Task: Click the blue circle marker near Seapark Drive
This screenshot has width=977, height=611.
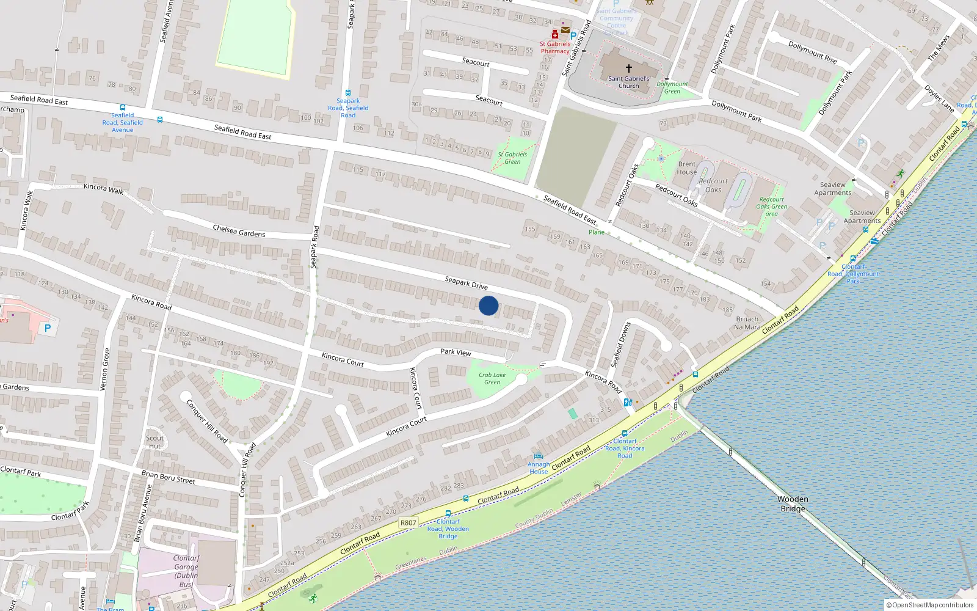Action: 488,305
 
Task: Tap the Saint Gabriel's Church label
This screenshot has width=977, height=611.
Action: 628,82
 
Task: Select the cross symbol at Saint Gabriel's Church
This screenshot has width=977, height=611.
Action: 628,68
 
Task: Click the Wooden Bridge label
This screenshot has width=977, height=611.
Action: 793,504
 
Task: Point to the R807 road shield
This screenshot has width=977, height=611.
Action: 408,522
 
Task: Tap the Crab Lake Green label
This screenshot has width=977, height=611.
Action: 492,379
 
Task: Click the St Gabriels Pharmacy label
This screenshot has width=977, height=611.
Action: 555,48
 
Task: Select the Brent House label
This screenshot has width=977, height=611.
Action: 687,168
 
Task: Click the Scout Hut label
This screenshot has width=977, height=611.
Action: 154,442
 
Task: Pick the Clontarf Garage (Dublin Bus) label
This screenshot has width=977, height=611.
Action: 186,571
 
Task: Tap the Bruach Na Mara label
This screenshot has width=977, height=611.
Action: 747,323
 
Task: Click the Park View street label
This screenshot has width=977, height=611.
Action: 456,352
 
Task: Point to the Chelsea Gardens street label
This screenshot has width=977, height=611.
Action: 239,231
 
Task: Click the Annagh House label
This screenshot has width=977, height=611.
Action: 539,468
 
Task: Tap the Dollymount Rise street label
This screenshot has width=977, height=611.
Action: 812,52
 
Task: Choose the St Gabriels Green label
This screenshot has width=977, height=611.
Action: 512,158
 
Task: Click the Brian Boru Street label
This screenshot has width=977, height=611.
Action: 169,477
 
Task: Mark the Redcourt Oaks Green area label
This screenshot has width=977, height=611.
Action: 772,207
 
